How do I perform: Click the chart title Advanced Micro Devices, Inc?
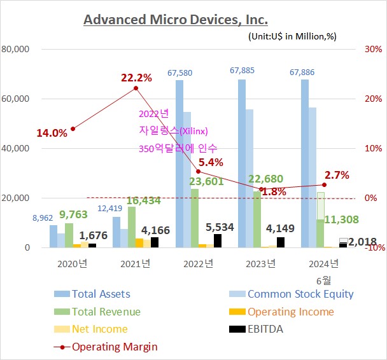pos(176,20)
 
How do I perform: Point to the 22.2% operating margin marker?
pos(136,88)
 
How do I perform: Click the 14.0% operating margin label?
pos(52,134)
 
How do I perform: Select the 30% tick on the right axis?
pos(373,49)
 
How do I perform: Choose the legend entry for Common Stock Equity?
pos(300,294)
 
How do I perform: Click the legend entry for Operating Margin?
pos(115,347)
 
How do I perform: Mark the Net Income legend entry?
pos(99,329)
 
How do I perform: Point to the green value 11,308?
pos(342,219)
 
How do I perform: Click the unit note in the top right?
pos(292,37)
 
